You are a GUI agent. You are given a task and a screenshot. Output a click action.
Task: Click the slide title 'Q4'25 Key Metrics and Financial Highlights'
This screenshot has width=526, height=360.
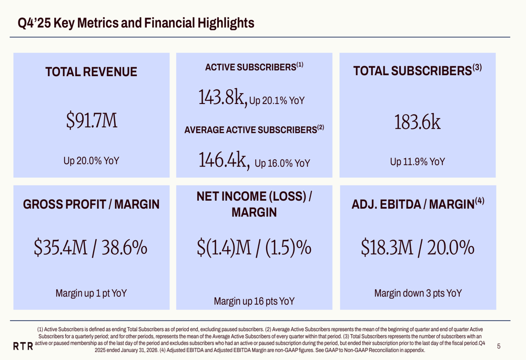coord(136,23)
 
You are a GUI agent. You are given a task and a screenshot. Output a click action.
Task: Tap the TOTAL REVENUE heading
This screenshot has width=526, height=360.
coord(92,72)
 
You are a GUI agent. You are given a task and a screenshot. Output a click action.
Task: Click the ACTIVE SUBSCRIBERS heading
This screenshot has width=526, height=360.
coord(254,67)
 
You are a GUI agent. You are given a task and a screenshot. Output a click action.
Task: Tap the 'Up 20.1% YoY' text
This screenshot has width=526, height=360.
coord(277,99)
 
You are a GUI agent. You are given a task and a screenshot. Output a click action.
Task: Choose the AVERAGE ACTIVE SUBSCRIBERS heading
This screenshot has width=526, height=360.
coord(254,129)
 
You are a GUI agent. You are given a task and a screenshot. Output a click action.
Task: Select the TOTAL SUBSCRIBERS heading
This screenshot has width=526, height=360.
coord(417,71)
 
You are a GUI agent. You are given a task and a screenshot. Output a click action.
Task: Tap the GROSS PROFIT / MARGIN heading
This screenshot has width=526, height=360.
coord(92,204)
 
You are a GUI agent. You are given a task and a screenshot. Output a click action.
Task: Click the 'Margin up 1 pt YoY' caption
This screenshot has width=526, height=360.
coord(92,293)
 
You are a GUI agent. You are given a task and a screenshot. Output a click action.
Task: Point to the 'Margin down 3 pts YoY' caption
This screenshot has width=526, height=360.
coord(417,293)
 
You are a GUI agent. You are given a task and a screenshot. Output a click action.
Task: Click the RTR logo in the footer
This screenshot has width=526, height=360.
coord(23,346)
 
